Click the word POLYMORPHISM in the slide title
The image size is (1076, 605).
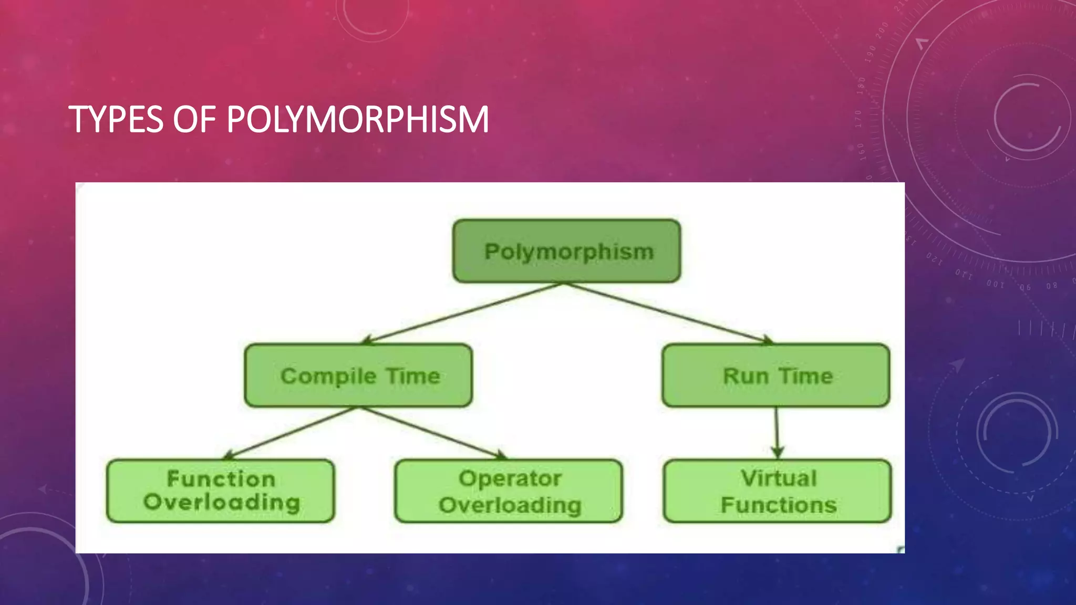[357, 119]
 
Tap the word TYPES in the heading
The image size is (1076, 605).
[116, 119]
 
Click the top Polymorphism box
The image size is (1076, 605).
[566, 251]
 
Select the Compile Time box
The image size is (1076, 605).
[358, 375]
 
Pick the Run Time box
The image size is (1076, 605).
[776, 375]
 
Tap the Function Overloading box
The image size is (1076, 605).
[221, 491]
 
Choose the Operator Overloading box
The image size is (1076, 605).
[509, 491]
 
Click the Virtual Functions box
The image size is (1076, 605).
[778, 491]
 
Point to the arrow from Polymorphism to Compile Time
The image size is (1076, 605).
[462, 313]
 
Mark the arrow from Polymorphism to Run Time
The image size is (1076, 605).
[667, 313]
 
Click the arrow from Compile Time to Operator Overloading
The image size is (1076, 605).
[431, 432]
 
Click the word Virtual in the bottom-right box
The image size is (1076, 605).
[779, 478]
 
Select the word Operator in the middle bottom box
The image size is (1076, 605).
[510, 478]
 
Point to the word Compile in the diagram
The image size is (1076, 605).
[328, 377]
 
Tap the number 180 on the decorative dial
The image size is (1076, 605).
[861, 85]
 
